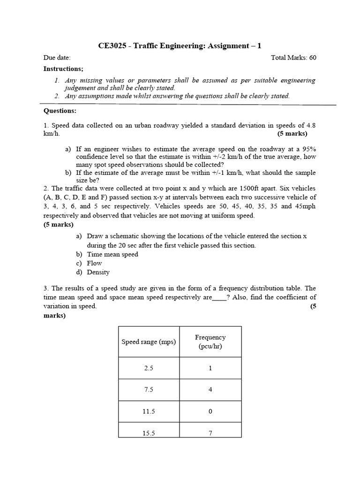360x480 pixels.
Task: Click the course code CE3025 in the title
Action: pyautogui.click(x=112, y=46)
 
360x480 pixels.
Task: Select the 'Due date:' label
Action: pyautogui.click(x=57, y=58)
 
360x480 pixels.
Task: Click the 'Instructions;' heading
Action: pyautogui.click(x=63, y=69)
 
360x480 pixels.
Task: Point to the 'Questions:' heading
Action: pyautogui.click(x=60, y=111)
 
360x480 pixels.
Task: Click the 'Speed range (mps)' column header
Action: pyautogui.click(x=149, y=342)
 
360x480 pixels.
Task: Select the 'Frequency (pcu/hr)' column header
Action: pyautogui.click(x=210, y=342)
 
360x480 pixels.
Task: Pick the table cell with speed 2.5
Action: pyautogui.click(x=149, y=368)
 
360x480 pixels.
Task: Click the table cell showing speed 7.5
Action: pyautogui.click(x=149, y=390)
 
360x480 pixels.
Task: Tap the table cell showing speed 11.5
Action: pyautogui.click(x=149, y=411)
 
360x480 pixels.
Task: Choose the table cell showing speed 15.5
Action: pyautogui.click(x=149, y=433)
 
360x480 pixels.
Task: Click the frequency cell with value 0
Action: pyautogui.click(x=210, y=411)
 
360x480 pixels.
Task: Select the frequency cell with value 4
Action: pyautogui.click(x=210, y=390)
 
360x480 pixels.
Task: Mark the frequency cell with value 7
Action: pyautogui.click(x=210, y=433)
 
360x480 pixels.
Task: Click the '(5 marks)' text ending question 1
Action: pyautogui.click(x=292, y=134)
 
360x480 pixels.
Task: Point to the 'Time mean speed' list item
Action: pyautogui.click(x=112, y=255)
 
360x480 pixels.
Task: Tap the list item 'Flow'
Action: pyautogui.click(x=94, y=263)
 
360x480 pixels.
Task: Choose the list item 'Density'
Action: pyautogui.click(x=98, y=272)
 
